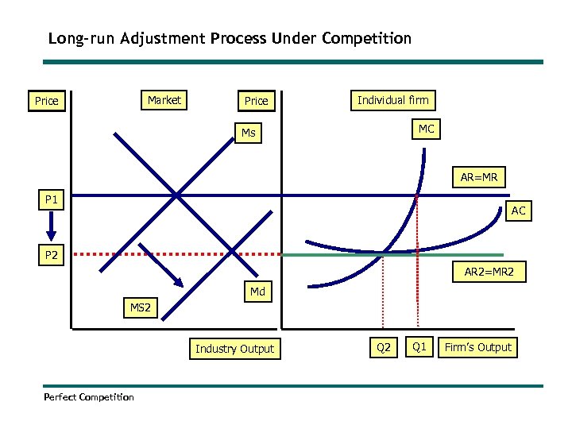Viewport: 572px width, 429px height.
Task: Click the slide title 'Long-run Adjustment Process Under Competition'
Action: point(230,38)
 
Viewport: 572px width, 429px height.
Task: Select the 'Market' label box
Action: point(164,100)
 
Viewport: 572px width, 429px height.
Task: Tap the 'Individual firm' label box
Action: point(392,100)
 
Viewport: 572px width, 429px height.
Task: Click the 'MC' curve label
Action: point(427,129)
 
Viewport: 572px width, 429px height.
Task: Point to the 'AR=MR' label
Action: point(479,178)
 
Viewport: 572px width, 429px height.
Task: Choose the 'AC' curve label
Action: point(518,211)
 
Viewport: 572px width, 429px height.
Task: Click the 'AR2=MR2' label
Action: point(489,272)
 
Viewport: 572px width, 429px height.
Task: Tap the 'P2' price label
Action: point(52,255)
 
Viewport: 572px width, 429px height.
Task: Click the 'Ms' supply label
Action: point(249,133)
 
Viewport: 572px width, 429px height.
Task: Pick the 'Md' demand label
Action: point(257,292)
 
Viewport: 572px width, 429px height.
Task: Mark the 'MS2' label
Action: point(140,307)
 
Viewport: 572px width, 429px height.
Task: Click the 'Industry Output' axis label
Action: point(234,348)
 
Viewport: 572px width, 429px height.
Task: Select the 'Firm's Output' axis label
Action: point(478,347)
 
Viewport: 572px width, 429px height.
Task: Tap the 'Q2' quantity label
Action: point(384,348)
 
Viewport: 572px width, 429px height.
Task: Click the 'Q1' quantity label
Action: point(420,347)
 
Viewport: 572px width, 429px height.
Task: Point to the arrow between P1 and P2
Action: point(52,227)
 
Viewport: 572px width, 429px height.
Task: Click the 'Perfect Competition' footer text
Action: point(89,396)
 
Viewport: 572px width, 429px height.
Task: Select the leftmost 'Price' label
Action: point(46,101)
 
